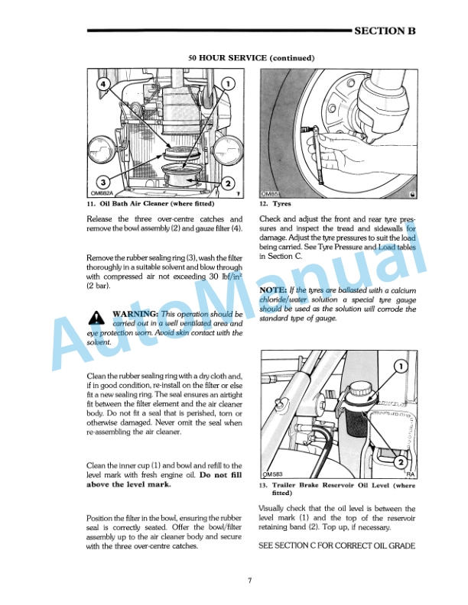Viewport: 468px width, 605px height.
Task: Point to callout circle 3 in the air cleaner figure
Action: click(x=101, y=181)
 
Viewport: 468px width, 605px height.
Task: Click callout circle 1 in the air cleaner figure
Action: click(x=232, y=82)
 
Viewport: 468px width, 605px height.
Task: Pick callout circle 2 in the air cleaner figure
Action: click(x=227, y=183)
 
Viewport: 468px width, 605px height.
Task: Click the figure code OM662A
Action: click(x=102, y=194)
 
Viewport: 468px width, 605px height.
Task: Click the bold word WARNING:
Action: click(x=135, y=314)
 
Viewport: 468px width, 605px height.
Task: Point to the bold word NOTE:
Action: click(x=274, y=291)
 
